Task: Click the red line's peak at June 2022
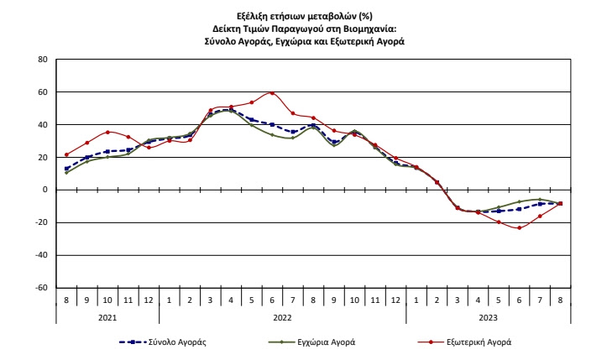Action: [x=272, y=93]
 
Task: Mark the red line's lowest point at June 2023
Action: [x=519, y=227]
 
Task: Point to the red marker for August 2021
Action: [x=66, y=154]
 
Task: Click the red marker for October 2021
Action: [x=107, y=132]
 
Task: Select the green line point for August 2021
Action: [x=66, y=173]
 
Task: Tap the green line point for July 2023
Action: [x=539, y=200]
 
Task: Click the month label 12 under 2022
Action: [x=395, y=300]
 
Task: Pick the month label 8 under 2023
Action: [x=560, y=300]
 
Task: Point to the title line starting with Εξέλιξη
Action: [x=304, y=18]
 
